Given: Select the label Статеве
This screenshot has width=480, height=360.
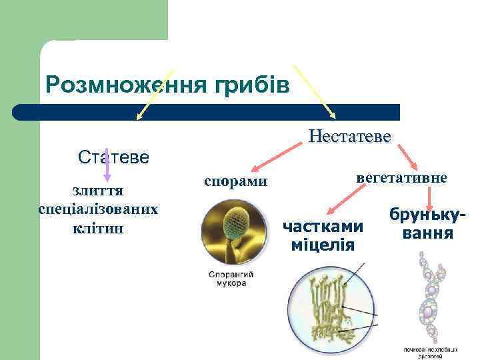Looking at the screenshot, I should point(113,158).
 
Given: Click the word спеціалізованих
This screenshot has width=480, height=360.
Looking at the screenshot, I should point(98,209).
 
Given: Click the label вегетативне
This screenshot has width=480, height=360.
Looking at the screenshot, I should point(402,178).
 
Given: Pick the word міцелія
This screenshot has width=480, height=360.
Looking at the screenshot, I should point(323,245).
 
